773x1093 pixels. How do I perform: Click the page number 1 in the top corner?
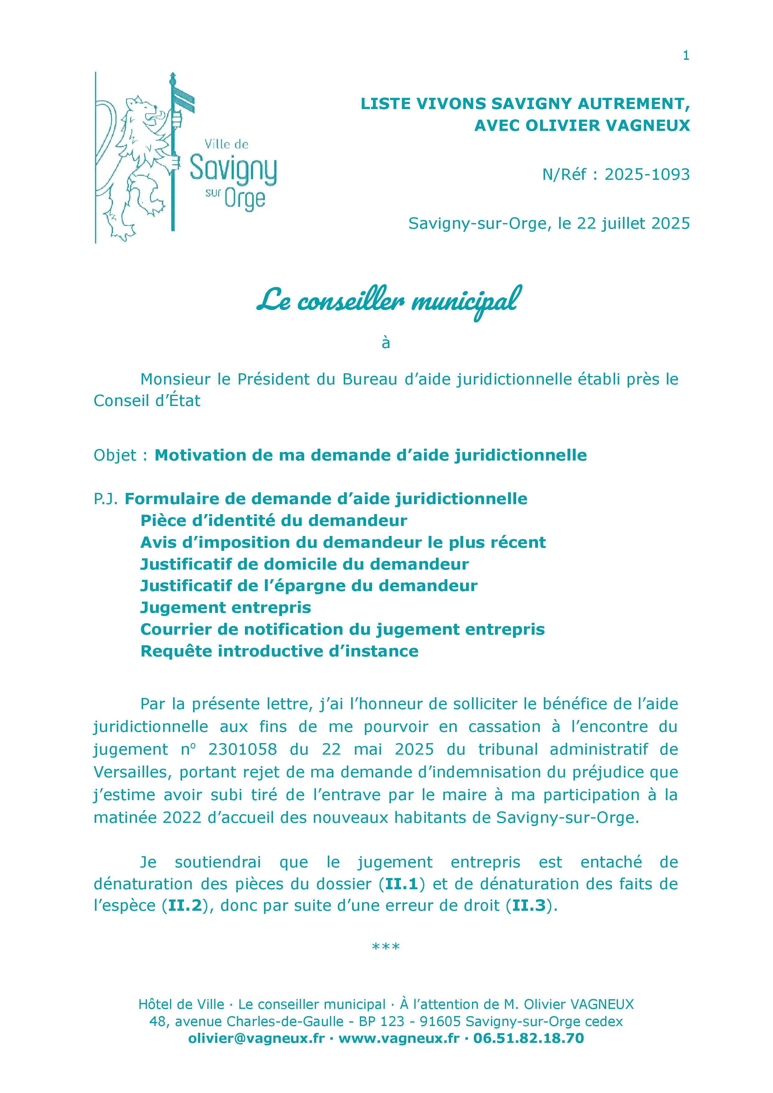[686, 56]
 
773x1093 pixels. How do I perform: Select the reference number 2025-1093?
[647, 175]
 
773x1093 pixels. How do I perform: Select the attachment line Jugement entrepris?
[226, 608]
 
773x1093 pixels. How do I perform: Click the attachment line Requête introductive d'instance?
[279, 651]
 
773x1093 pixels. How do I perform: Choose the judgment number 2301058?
[242, 749]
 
